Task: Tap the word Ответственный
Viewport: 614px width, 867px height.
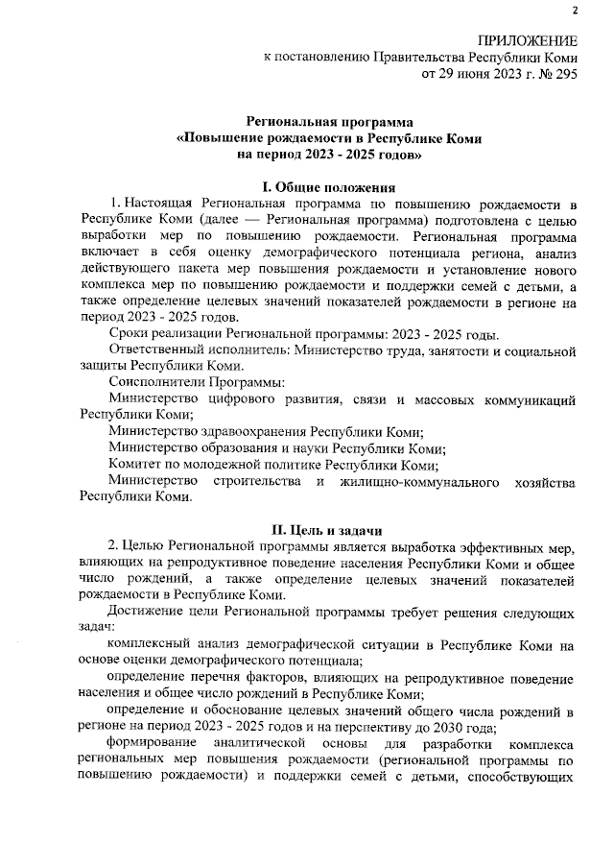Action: point(158,352)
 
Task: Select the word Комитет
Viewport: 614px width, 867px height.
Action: point(136,465)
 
